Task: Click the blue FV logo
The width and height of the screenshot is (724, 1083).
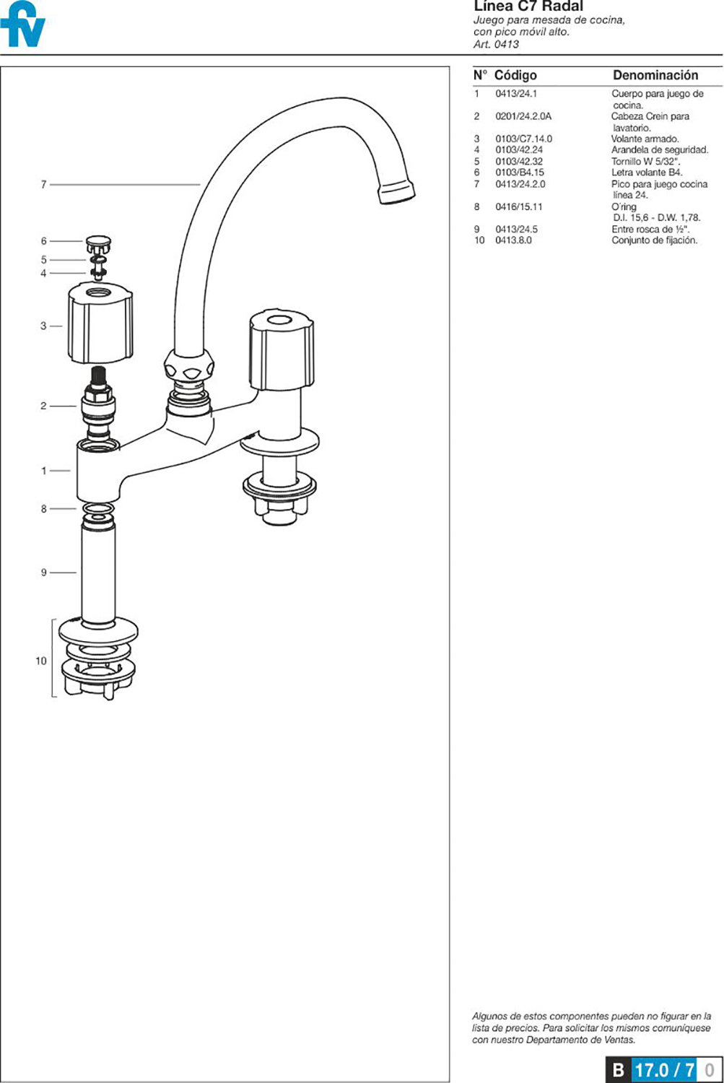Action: (23, 25)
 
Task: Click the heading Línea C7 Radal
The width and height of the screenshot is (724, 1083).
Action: (528, 6)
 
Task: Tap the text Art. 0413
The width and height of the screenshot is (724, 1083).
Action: (496, 44)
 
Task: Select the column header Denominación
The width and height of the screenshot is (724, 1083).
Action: (655, 75)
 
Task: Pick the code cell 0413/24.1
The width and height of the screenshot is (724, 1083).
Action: (516, 94)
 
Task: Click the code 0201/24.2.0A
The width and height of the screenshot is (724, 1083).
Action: (523, 116)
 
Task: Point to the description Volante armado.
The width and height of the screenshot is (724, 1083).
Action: (645, 139)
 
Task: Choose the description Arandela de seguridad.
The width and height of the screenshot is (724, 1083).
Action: (660, 150)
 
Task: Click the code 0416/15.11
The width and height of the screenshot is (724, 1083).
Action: (519, 206)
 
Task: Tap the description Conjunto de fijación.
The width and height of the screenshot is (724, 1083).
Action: (654, 240)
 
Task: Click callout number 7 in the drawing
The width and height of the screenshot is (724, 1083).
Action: (43, 185)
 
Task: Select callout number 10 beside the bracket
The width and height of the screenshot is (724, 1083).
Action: (41, 661)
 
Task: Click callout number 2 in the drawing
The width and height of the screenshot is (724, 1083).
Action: (43, 406)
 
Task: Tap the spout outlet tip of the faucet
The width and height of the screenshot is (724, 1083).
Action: (397, 191)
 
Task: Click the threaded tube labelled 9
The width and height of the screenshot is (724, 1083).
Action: (98, 573)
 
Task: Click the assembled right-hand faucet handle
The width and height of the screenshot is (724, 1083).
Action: (282, 350)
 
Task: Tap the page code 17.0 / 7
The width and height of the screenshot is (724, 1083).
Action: (664, 1070)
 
